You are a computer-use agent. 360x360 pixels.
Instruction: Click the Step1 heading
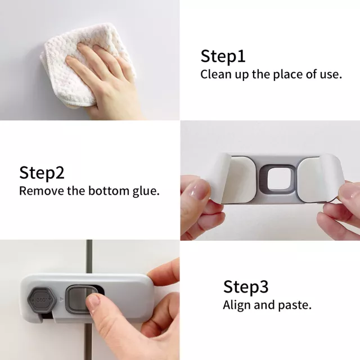tap(223, 56)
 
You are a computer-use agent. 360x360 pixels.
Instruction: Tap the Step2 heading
tap(42, 173)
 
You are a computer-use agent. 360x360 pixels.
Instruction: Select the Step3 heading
tap(246, 286)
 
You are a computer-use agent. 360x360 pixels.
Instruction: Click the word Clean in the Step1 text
tap(216, 74)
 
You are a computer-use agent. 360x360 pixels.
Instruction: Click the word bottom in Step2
tap(109, 191)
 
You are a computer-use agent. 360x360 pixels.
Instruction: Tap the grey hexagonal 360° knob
tap(42, 300)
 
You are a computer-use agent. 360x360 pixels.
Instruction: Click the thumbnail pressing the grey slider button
tap(93, 300)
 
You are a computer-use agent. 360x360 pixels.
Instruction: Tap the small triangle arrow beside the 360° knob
tap(61, 299)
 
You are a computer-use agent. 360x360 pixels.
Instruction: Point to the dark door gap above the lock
tap(89, 256)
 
